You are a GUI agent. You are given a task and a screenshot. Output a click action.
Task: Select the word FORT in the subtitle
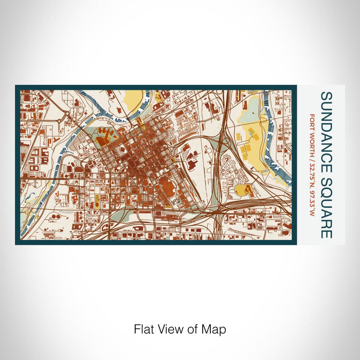312,119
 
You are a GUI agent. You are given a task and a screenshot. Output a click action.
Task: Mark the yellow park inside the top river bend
133,98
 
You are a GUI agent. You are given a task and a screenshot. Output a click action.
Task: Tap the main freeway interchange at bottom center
219,211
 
